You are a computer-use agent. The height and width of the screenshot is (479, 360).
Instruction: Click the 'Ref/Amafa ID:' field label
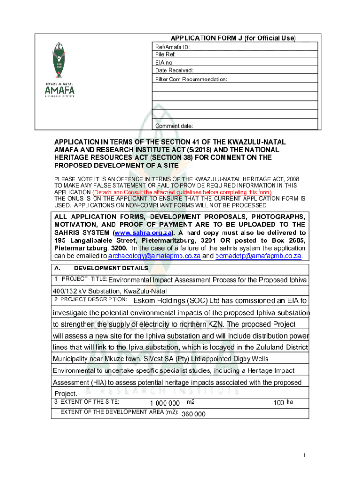tap(173, 47)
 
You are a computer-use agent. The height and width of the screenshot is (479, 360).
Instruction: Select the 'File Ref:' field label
tap(166, 55)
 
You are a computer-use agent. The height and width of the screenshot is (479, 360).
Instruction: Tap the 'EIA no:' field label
tap(165, 62)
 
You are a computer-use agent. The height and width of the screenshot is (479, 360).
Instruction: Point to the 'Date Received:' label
tap(174, 70)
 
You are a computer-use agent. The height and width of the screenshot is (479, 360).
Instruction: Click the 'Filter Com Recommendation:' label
tap(191, 80)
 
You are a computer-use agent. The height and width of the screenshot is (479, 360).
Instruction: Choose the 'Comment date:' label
tap(173, 126)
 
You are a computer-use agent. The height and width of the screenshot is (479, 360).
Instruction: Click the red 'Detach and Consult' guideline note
tap(182, 192)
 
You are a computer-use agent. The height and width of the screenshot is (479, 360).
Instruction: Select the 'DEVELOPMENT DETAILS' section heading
tap(111, 269)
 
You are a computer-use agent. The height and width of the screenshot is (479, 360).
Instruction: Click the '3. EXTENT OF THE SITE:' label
tap(87, 402)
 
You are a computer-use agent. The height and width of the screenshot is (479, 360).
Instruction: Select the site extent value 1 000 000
tap(165, 403)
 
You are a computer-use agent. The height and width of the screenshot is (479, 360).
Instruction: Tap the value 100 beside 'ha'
tap(279, 403)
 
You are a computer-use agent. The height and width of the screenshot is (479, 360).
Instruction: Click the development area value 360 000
tap(193, 414)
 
